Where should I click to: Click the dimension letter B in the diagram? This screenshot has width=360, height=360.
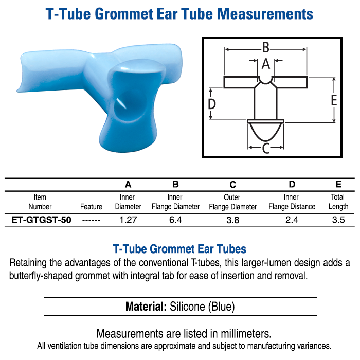tap(265, 48)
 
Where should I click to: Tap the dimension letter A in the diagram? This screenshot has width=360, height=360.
tap(265, 64)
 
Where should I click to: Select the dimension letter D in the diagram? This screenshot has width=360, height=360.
tap(212, 104)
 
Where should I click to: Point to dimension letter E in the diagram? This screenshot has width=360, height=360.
tap(334, 100)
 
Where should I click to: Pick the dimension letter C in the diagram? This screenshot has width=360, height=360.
tap(265, 149)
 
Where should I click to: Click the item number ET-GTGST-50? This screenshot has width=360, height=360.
tap(41, 220)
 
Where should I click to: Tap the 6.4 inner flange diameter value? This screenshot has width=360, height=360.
tap(175, 220)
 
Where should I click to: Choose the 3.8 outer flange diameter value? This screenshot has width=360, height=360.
tap(232, 220)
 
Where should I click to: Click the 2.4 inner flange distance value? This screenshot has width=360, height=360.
tap(292, 220)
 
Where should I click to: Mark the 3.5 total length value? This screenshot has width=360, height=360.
tap(338, 220)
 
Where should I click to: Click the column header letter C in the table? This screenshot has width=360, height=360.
tap(232, 184)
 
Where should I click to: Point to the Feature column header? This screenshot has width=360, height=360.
tap(91, 207)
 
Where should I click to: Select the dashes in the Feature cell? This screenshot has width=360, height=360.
tap(91, 220)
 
